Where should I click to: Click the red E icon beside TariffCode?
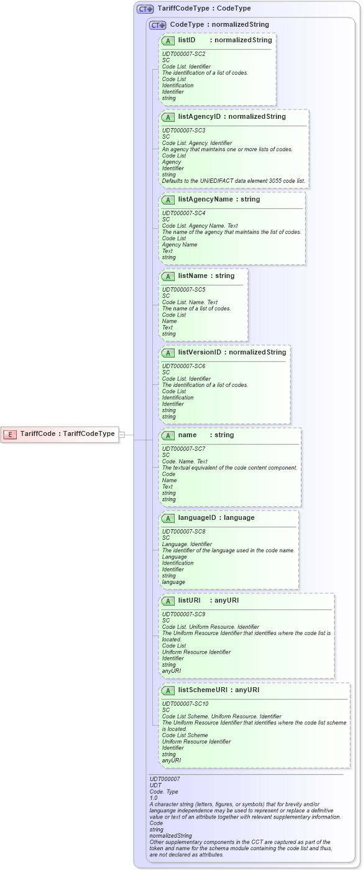click(10, 434)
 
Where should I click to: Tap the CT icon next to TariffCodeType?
click(145, 9)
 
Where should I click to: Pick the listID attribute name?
click(186, 40)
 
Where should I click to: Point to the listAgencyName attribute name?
click(204, 200)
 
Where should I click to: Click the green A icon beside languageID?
click(168, 518)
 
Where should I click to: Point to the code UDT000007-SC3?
click(183, 131)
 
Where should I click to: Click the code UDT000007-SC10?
click(185, 704)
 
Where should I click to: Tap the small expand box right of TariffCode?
click(122, 434)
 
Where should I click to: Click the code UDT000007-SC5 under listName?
click(183, 290)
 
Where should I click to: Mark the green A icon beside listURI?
click(168, 601)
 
